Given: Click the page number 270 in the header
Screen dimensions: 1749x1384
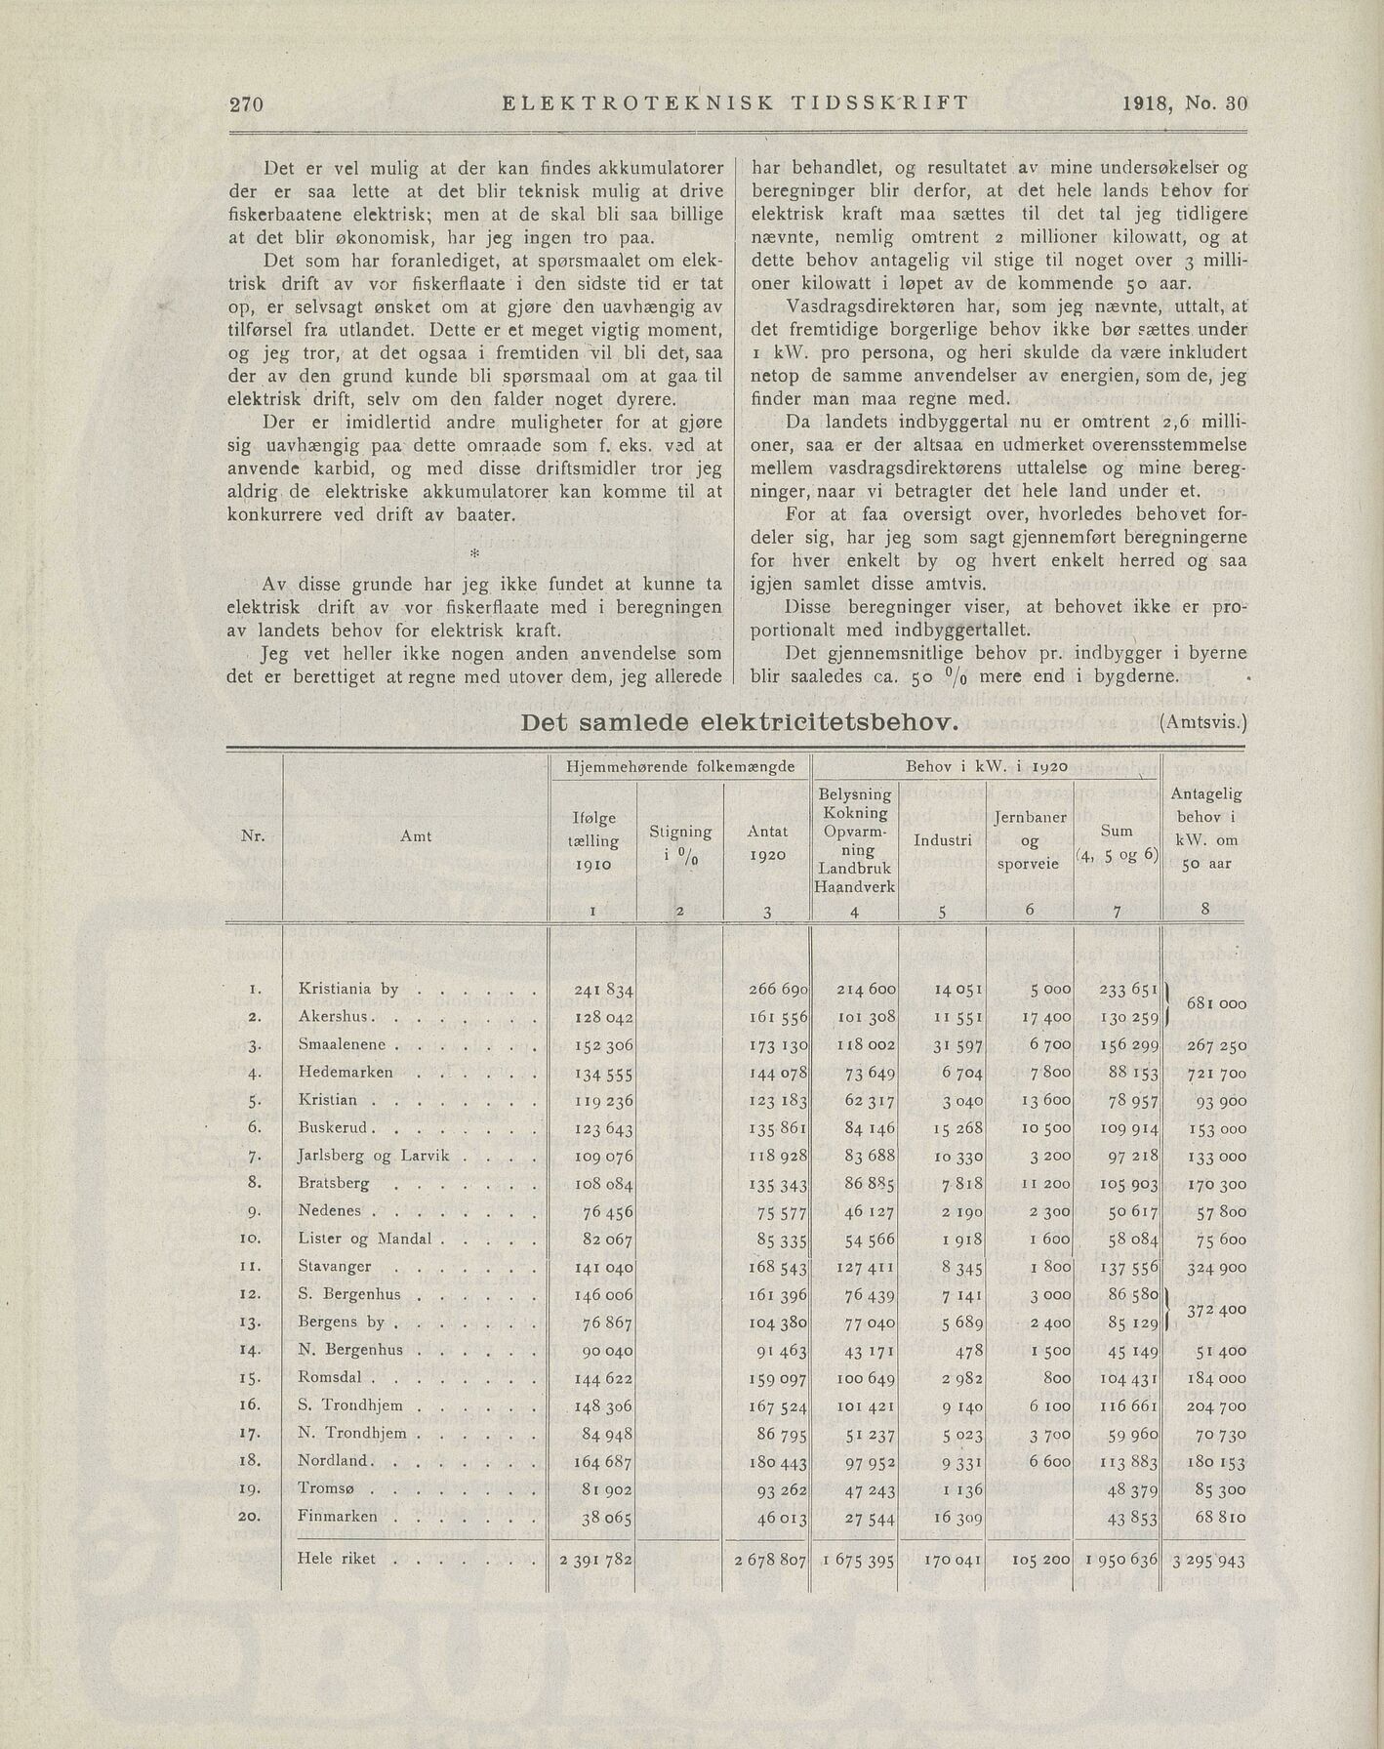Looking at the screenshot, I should tap(248, 104).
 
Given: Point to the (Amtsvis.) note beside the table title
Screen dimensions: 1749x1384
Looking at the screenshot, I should tap(1203, 723).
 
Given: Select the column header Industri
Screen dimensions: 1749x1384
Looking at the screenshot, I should tap(942, 839).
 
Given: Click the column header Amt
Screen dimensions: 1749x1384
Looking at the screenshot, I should tap(415, 835).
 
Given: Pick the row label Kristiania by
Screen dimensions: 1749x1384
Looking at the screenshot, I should tap(348, 989).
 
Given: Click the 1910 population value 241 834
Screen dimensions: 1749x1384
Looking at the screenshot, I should tap(604, 990).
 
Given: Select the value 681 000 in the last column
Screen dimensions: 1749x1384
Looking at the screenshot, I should tap(1215, 1003).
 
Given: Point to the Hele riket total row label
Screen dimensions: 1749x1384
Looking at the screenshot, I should tap(337, 1559).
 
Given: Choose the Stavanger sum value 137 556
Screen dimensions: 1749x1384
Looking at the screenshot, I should tap(1128, 1267).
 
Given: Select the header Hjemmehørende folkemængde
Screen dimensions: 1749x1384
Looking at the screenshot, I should tap(680, 767).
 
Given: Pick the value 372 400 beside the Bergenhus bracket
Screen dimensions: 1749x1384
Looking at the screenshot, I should tap(1215, 1309).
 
